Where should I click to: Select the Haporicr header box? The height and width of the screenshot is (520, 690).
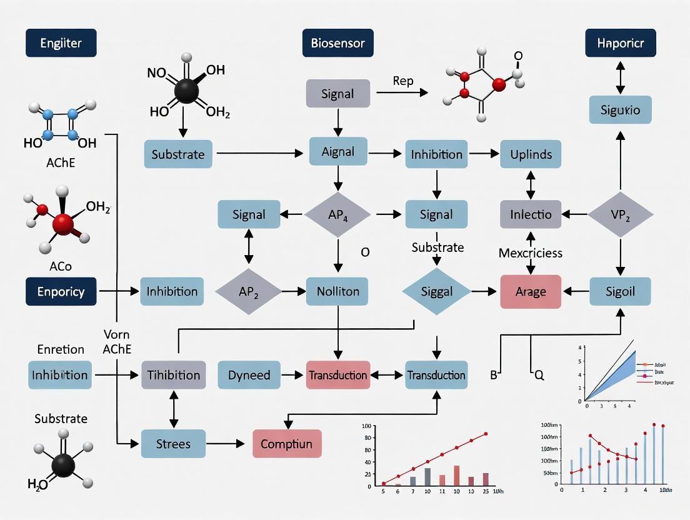pos(621,44)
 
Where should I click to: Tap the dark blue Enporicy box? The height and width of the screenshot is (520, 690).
pos(61,291)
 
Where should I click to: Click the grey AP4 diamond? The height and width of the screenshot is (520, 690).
pos(337,214)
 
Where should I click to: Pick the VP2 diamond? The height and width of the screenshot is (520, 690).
pos(620,214)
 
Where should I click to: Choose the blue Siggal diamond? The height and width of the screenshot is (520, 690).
pos(436,291)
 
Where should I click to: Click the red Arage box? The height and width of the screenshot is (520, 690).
pos(531,291)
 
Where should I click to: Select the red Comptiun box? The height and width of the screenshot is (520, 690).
pos(286,444)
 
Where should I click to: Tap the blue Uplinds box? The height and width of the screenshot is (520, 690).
pos(531,154)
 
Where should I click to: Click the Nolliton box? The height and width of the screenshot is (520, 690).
pos(337,291)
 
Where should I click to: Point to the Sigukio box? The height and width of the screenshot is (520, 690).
pos(620,110)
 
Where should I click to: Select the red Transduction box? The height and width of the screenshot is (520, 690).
pos(337,375)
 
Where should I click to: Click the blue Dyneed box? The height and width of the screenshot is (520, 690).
pos(249,375)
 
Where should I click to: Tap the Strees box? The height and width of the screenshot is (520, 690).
pos(173,444)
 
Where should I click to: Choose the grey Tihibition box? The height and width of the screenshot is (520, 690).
pos(173,375)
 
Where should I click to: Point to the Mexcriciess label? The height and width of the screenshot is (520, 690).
pos(531,253)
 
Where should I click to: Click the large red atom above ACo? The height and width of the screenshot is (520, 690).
pos(63,223)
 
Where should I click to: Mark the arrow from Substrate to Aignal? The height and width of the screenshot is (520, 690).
pos(259,152)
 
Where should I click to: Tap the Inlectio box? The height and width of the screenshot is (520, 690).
pos(531,214)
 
